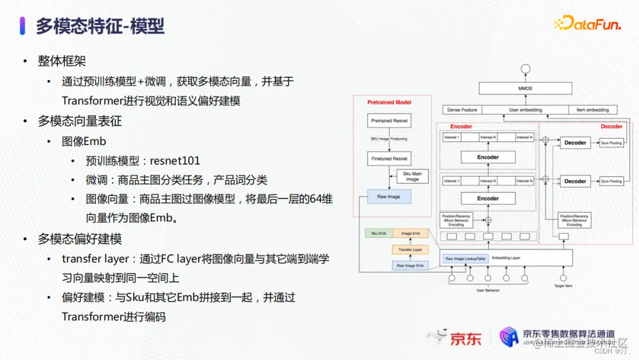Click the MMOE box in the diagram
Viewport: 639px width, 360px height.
525,89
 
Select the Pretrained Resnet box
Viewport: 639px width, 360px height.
389,121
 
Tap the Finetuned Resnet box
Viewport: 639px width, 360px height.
389,159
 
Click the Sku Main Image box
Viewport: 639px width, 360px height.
412,176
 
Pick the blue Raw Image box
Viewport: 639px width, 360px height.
389,197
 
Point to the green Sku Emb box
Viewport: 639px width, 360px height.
379,234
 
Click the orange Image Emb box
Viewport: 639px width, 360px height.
411,234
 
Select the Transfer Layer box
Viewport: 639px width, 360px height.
409,250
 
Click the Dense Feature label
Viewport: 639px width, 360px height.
461,110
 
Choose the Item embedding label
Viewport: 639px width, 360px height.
592,110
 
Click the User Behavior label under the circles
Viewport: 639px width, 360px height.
488,291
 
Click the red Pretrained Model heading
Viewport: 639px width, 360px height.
389,102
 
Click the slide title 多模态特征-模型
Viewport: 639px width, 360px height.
100,26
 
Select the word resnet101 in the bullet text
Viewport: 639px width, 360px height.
175,161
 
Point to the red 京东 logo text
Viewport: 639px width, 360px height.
466,339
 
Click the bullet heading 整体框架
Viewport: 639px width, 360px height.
62,62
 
